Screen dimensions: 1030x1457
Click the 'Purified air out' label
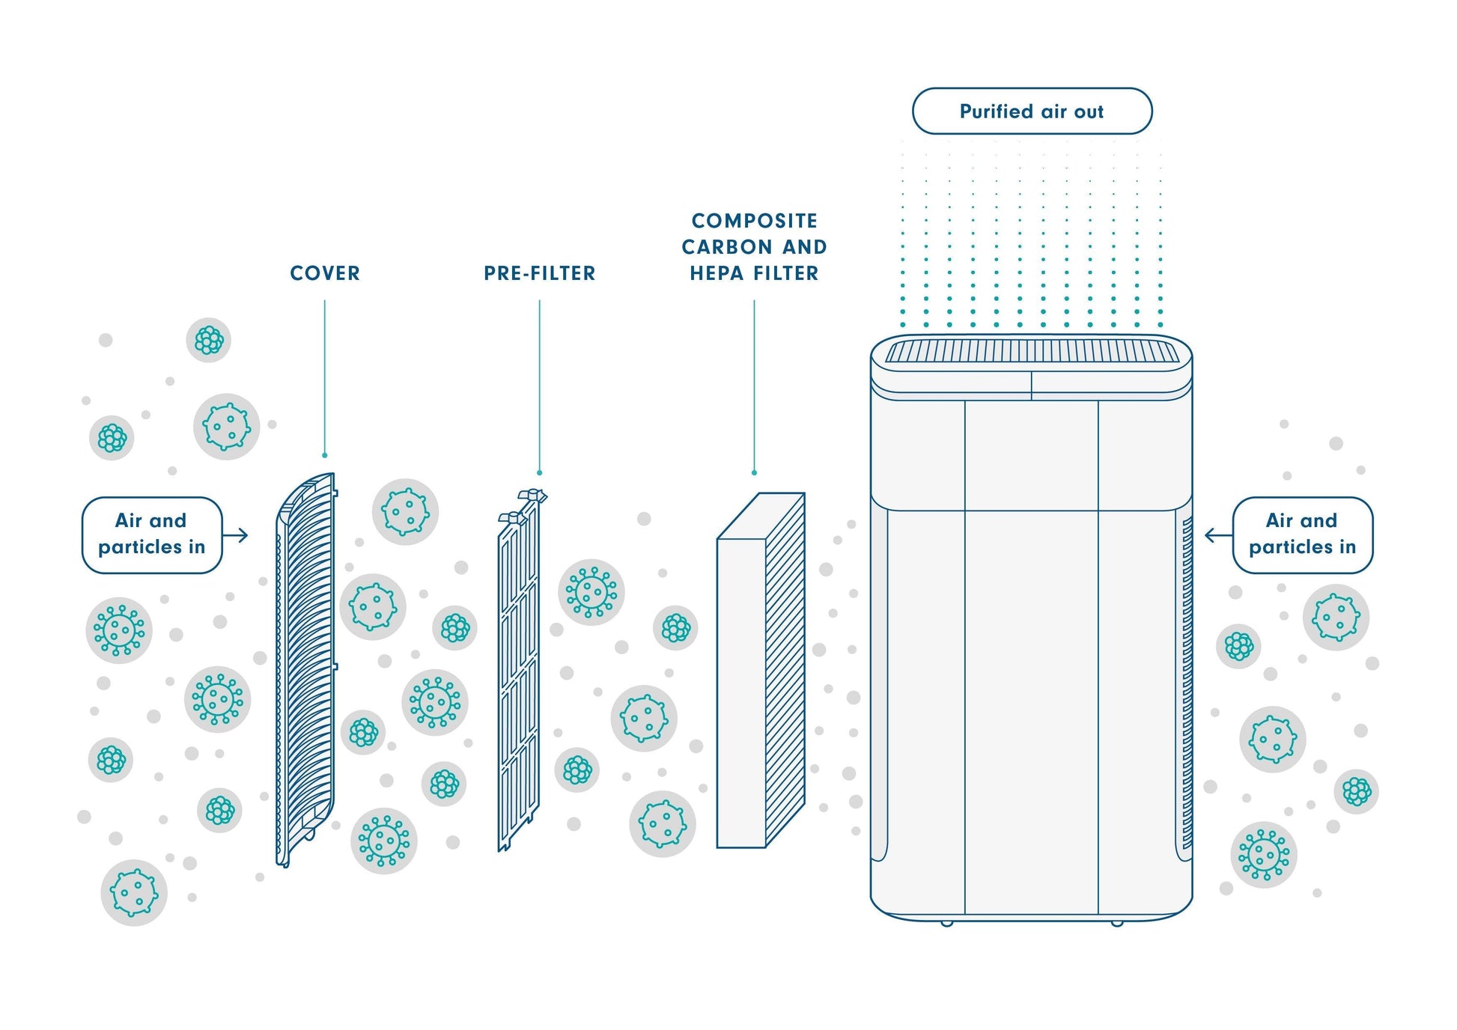tap(1031, 112)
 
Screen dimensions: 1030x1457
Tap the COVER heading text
tap(325, 273)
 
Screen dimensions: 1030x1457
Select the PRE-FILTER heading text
tap(539, 273)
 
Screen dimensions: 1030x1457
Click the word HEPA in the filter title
tap(717, 273)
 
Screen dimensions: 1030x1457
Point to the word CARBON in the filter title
tap(726, 247)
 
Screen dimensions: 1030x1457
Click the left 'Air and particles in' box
tap(151, 534)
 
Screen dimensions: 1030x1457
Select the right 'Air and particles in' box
tap(1302, 534)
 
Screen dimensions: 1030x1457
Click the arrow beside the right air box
tap(1217, 535)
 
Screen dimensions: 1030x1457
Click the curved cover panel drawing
tap(305, 670)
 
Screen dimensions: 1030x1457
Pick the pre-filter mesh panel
tap(518, 674)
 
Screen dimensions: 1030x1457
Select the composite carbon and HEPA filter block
tap(741, 689)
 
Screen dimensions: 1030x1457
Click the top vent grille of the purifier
tap(1031, 352)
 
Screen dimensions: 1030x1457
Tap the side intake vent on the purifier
tap(1187, 681)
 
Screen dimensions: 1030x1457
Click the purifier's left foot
tap(946, 922)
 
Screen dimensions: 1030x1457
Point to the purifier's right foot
tap(1116, 922)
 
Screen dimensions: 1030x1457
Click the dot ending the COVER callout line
tap(325, 455)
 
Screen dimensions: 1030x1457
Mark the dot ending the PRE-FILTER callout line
tap(539, 473)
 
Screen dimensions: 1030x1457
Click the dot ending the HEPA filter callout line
tap(754, 473)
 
